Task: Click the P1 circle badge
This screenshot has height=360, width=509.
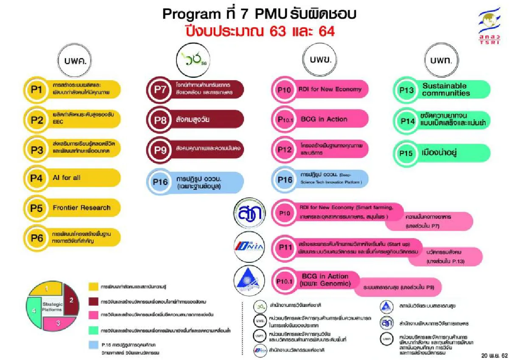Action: pyautogui.click(x=37, y=90)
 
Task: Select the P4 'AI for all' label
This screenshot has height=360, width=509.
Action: pyautogui.click(x=66, y=178)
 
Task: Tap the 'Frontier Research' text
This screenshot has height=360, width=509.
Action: pyautogui.click(x=81, y=208)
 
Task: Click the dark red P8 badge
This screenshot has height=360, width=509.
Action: pyautogui.click(x=159, y=120)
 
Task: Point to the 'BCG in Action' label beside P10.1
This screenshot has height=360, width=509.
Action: pyautogui.click(x=324, y=119)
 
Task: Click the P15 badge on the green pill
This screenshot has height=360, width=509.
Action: pyautogui.click(x=406, y=154)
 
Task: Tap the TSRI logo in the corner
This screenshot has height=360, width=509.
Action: pyautogui.click(x=489, y=26)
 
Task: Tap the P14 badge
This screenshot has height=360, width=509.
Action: pyautogui.click(x=407, y=121)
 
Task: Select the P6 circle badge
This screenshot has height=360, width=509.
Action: pyautogui.click(x=37, y=238)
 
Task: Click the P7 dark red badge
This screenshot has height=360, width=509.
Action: pyautogui.click(x=159, y=90)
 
